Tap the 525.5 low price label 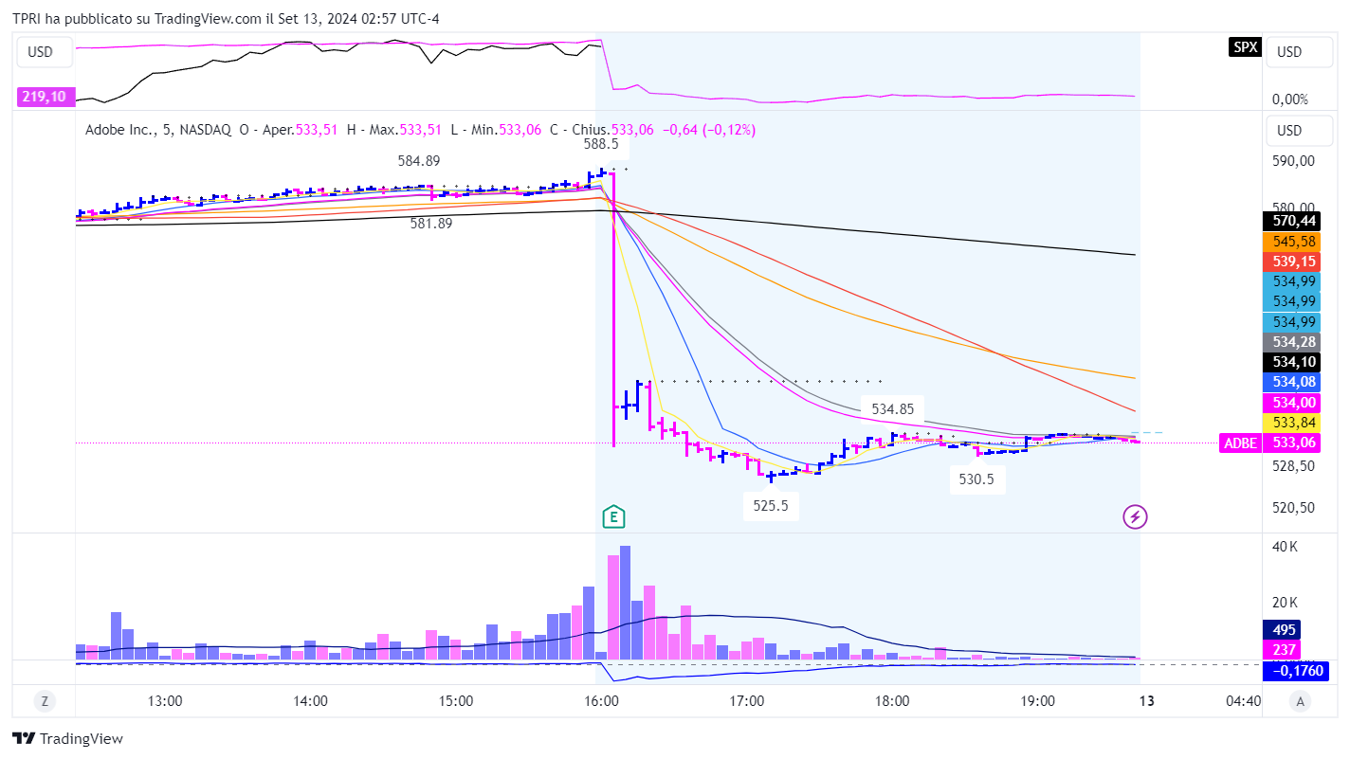771,506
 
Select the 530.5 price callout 976,479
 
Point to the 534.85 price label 893,409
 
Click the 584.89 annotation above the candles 419,161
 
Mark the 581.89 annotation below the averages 431,224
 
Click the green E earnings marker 614,517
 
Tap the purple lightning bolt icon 1135,516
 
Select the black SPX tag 1244,47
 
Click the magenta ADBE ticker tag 1240,443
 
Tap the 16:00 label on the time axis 602,702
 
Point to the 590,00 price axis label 1293,161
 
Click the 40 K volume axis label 1286,547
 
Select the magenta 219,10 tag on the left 46,97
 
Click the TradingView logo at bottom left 67,739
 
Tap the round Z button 44,702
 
